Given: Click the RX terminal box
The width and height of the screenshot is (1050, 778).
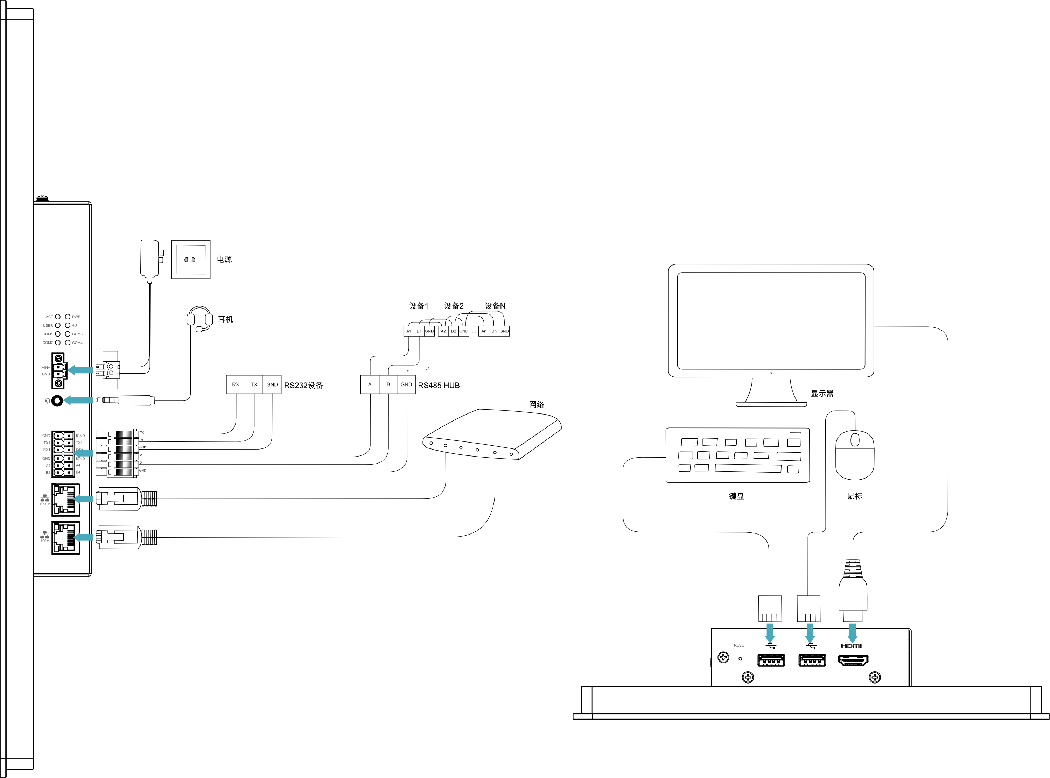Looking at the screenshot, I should (236, 384).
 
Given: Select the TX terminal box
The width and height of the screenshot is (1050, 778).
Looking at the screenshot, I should (254, 384).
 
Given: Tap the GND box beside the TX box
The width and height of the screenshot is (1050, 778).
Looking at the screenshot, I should (272, 384).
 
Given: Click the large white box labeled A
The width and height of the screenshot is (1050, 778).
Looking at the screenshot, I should (370, 384).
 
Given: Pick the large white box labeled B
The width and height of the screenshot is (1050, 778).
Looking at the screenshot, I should (388, 384).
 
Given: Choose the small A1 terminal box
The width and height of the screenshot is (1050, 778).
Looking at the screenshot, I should (409, 331).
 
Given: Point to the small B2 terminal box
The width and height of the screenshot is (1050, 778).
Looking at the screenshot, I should (453, 331).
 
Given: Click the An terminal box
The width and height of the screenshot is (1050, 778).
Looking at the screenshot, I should (484, 331).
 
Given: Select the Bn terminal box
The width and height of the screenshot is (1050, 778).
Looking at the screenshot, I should (494, 331).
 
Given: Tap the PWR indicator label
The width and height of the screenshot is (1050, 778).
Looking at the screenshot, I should (76, 317).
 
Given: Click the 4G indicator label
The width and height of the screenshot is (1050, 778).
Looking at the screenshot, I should (75, 325).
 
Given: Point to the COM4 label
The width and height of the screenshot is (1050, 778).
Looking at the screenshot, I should (77, 343).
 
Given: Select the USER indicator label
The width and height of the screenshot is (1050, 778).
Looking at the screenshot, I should (48, 325).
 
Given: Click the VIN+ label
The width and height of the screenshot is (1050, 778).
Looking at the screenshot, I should (46, 368).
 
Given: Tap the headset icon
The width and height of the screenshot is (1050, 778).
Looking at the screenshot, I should (48, 401).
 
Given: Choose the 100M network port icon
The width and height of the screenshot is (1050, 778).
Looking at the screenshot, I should (45, 536).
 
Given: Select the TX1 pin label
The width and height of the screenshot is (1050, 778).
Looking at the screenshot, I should (47, 443).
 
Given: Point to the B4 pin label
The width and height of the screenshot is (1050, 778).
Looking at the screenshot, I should (78, 472).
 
